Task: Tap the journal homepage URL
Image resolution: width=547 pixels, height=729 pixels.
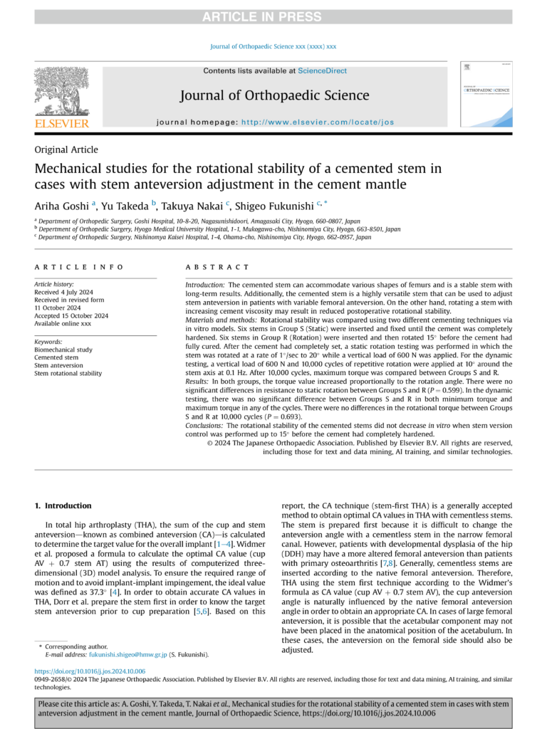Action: (318, 122)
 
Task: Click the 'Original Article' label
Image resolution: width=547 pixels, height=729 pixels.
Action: (66, 150)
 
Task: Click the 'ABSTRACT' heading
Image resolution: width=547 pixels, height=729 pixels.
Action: (217, 267)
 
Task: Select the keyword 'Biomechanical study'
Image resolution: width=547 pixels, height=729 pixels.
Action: (63, 350)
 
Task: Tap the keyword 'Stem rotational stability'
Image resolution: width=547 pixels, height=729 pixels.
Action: (68, 373)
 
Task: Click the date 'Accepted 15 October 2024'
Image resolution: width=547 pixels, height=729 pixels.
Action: (71, 315)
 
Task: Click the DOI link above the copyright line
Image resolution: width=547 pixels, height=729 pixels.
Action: (90, 671)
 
